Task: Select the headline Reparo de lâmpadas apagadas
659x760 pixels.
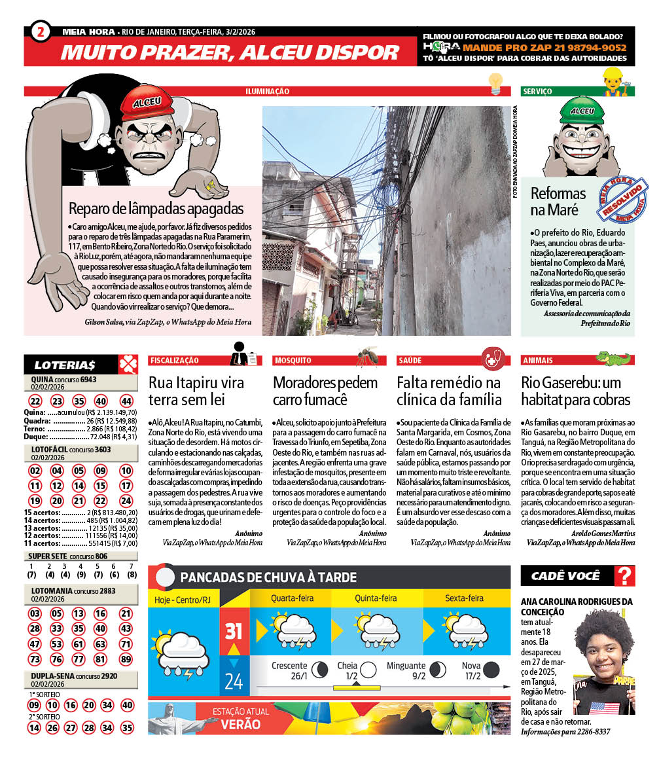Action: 156,209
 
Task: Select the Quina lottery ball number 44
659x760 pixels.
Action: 126,401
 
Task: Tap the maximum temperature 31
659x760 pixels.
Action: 234,631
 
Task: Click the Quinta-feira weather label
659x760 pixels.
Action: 376,598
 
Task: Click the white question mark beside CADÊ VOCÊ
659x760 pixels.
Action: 626,576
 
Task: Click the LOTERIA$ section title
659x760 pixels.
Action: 65,365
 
